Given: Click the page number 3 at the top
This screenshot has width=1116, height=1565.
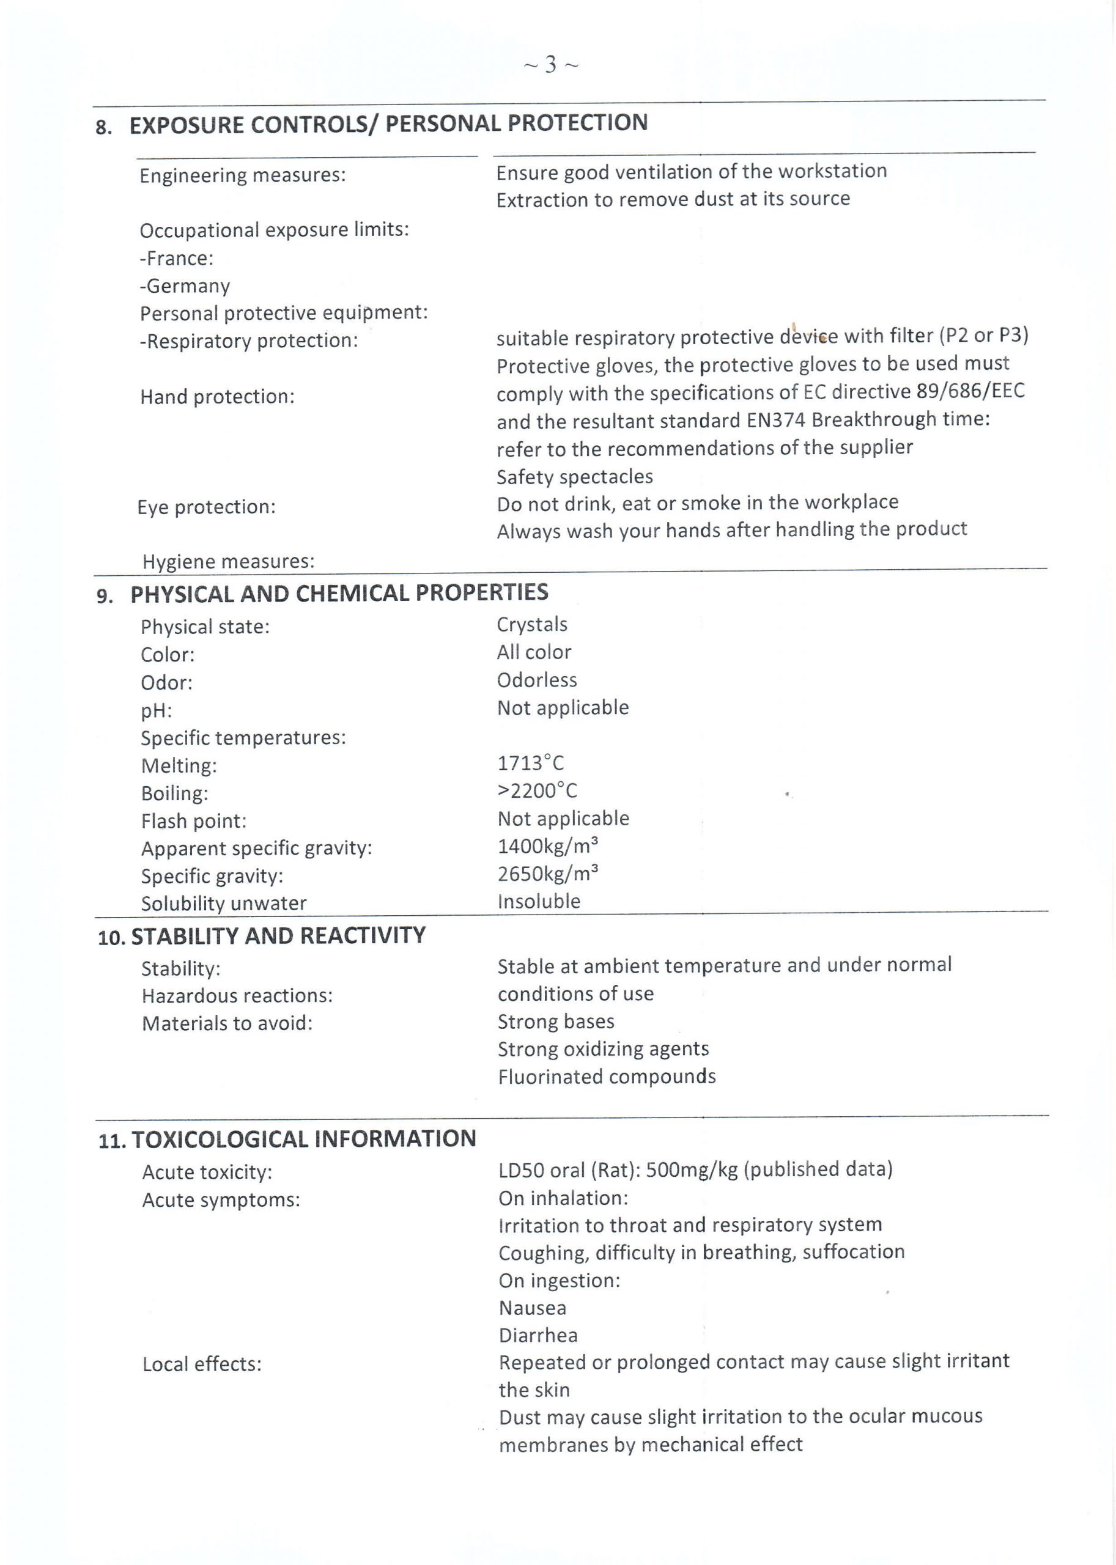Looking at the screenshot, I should click(x=550, y=65).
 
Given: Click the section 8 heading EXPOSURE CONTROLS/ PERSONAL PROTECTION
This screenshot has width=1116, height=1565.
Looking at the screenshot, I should click(x=388, y=124).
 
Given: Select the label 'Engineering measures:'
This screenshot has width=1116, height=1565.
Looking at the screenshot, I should click(x=243, y=176).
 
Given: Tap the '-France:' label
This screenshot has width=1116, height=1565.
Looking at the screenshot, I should click(x=177, y=259).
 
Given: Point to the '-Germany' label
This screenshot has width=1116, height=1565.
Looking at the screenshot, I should click(x=185, y=287).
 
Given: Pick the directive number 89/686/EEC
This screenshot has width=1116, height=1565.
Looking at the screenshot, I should click(x=970, y=391).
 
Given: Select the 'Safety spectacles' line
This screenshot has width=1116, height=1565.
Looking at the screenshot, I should click(x=574, y=477).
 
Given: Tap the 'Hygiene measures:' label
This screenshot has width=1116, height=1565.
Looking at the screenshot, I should click(x=228, y=562).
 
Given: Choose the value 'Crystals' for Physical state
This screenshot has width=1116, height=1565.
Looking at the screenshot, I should click(x=532, y=625).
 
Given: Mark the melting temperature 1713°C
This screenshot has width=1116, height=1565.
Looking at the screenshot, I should click(x=530, y=764).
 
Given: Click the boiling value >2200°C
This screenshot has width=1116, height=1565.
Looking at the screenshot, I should click(x=537, y=790).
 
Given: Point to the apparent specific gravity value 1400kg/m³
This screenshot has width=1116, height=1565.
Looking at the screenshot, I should click(x=548, y=847).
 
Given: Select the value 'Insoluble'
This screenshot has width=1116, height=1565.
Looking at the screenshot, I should click(x=539, y=901).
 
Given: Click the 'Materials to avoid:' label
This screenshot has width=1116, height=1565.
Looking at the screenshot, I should click(x=227, y=1023).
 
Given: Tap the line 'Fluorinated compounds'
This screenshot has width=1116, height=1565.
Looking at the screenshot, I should click(x=607, y=1077).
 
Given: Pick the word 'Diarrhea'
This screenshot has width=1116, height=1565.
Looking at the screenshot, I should click(x=538, y=1335).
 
